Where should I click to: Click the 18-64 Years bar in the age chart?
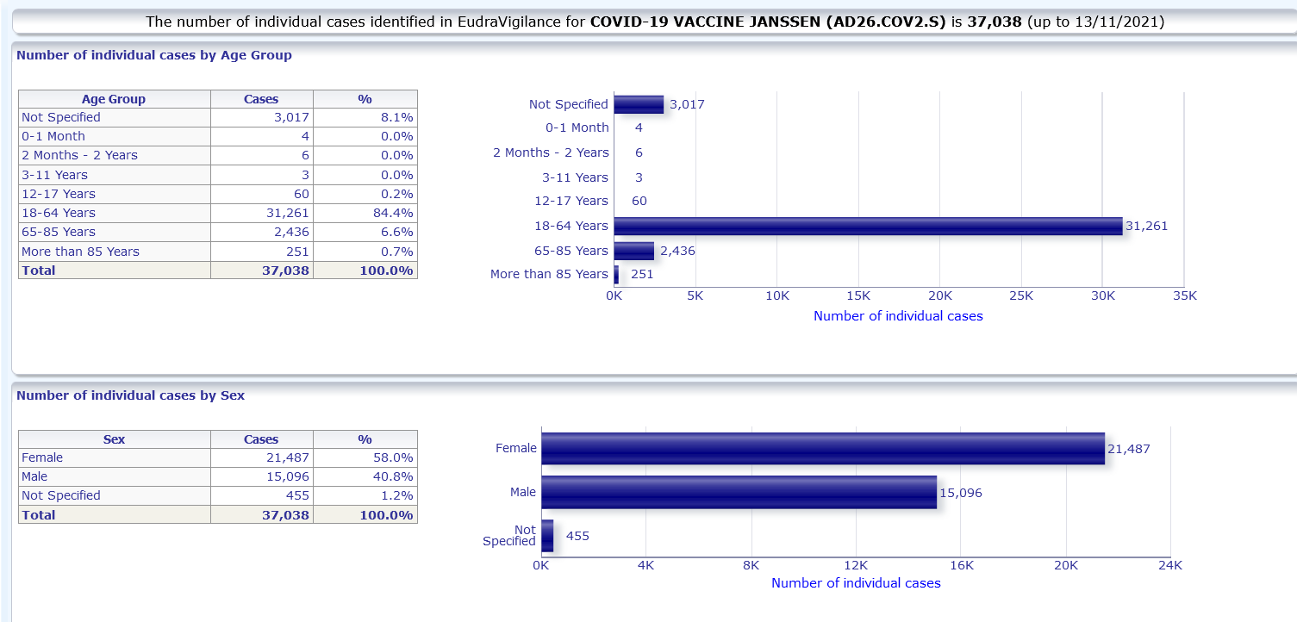868,226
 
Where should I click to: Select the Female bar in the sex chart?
823,449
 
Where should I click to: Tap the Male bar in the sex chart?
739,492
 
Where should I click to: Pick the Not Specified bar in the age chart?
639,104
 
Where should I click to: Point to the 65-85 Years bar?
634,251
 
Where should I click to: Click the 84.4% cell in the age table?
365,213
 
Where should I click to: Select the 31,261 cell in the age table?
261,213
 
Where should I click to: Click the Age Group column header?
114,99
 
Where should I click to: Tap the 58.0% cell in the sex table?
365,457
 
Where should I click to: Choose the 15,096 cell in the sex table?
261,476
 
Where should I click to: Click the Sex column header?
114,439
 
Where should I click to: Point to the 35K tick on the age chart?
1185,296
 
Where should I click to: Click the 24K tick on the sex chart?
1169,565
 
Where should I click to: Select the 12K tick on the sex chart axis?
856,565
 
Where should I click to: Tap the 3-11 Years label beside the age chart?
575,177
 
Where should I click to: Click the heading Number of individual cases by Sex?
130,395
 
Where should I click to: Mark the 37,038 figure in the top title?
995,22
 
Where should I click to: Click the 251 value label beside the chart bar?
642,274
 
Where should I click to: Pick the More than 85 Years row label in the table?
80,252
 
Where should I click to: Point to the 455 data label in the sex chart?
577,536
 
